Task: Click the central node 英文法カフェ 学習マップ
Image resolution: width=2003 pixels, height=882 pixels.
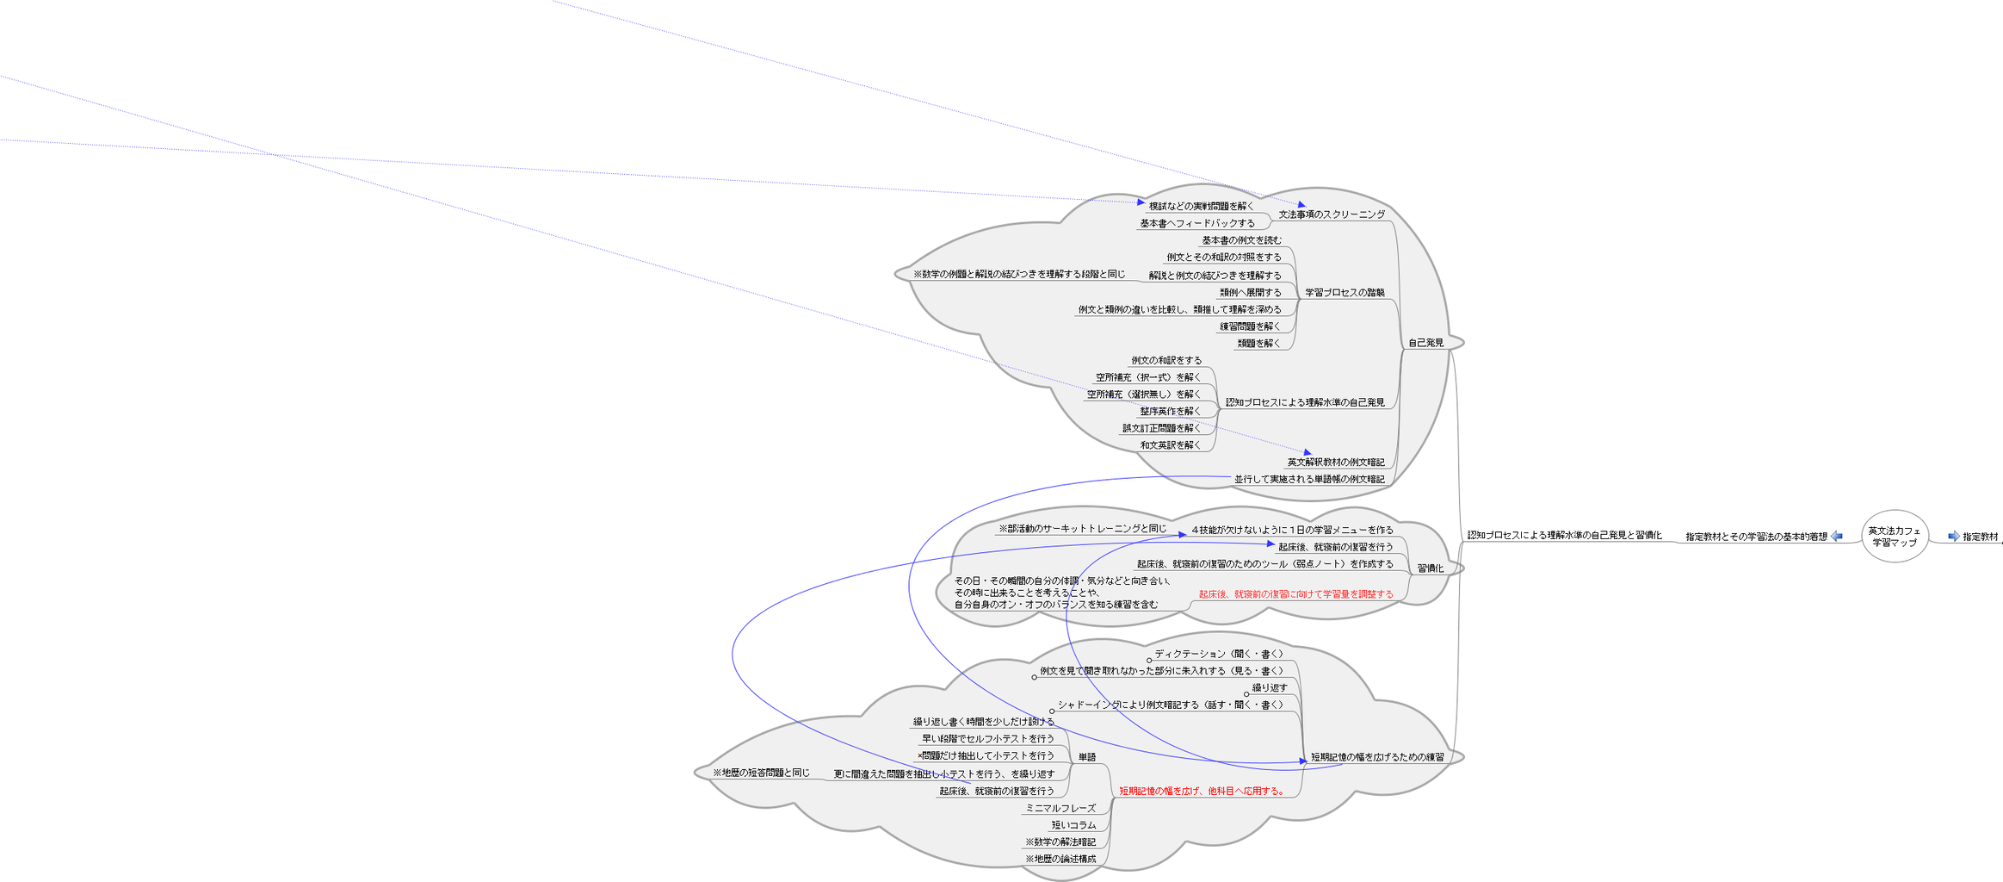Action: point(1894,537)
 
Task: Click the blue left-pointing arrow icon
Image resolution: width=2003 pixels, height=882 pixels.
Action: point(1837,536)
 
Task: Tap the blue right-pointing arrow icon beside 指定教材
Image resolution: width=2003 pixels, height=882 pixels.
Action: point(1954,536)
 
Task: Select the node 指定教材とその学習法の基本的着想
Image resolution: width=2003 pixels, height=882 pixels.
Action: point(1756,537)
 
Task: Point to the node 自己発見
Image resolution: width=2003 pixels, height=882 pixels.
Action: point(1425,343)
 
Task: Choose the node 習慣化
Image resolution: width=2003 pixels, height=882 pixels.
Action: point(1430,568)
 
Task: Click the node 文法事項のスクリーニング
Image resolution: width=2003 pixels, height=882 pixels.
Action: point(1332,214)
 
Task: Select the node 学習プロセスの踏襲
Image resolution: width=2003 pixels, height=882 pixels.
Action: point(1345,293)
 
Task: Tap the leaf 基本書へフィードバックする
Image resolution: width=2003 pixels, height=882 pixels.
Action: point(1197,223)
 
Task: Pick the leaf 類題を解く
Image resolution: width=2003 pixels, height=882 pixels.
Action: point(1258,344)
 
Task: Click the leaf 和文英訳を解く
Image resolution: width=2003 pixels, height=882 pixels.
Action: point(1170,445)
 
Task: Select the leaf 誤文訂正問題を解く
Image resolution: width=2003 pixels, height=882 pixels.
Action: point(1161,428)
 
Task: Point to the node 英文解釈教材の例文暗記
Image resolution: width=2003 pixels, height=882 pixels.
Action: point(1336,463)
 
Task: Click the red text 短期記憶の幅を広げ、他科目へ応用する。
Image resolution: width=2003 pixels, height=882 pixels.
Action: point(1202,791)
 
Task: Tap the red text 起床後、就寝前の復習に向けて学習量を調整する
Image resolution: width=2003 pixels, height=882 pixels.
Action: point(1295,594)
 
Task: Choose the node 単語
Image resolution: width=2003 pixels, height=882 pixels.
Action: point(1087,757)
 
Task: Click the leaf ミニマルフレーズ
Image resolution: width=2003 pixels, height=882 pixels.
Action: point(1060,808)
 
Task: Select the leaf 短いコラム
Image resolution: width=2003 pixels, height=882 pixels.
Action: point(1073,825)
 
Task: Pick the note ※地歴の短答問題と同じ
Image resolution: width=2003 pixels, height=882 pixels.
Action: point(761,773)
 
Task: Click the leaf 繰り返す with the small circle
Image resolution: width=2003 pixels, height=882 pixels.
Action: point(1270,688)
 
